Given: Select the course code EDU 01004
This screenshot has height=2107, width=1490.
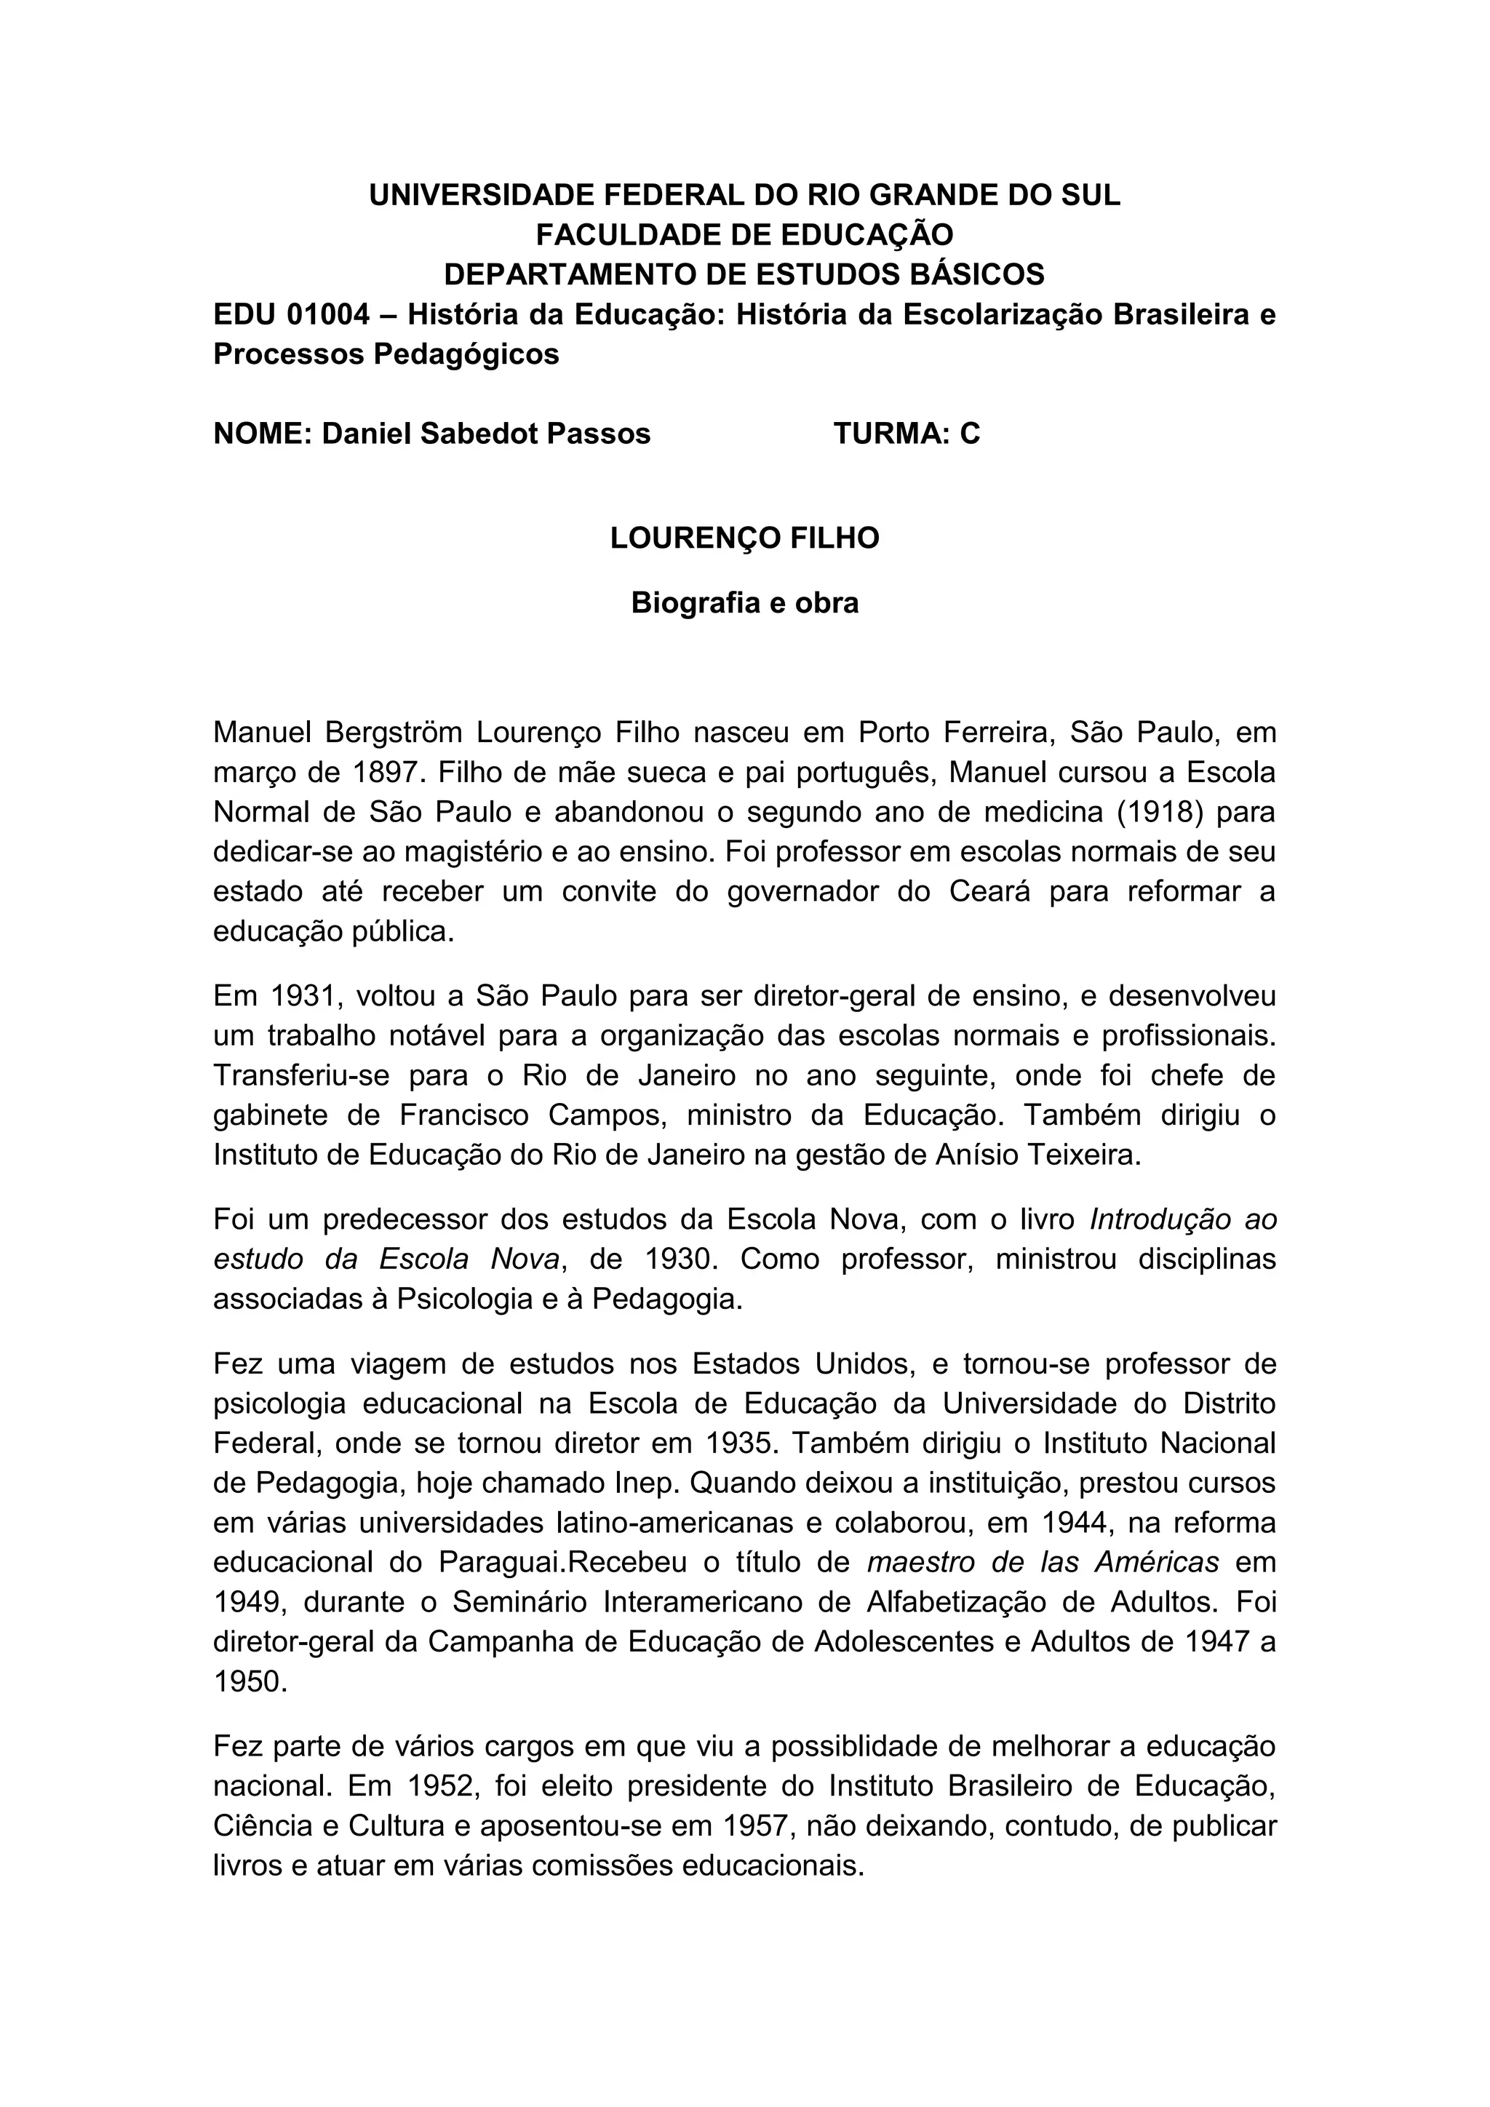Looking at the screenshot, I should tap(292, 315).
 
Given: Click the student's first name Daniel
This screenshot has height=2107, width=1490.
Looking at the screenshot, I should tap(366, 433).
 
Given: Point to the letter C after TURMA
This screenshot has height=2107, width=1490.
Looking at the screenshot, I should tap(970, 433).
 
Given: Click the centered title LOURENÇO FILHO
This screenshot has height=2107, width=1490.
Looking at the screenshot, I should tap(744, 538).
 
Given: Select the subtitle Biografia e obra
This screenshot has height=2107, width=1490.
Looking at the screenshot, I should tap(744, 603).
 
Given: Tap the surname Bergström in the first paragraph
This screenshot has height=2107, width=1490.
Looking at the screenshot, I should tap(391, 733).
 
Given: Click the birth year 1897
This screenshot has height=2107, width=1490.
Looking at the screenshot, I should tap(386, 773).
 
